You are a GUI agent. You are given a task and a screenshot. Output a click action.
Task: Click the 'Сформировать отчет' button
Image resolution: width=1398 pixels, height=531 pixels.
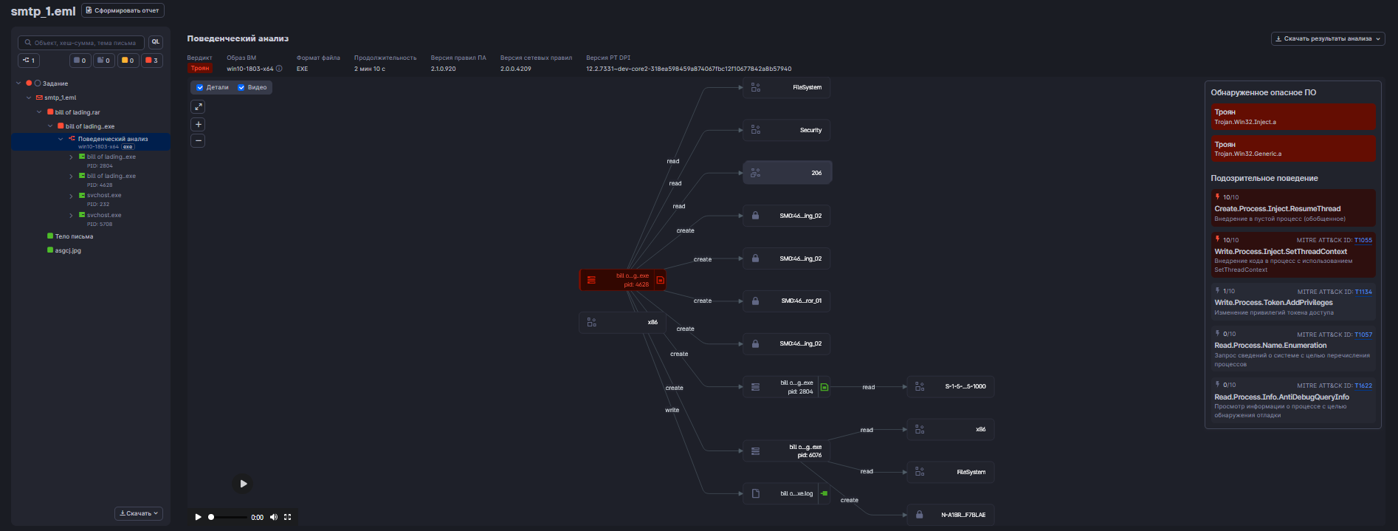[x=123, y=10]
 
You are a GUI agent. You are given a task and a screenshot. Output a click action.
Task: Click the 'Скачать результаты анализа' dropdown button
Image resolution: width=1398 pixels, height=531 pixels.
[x=1327, y=38]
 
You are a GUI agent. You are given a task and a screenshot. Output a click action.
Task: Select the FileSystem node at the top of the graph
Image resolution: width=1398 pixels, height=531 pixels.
[x=787, y=87]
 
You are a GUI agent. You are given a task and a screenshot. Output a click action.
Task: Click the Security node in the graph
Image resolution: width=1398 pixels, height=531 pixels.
[x=787, y=130]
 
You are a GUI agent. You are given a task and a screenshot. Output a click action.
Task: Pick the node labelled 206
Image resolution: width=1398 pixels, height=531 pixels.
[x=787, y=173]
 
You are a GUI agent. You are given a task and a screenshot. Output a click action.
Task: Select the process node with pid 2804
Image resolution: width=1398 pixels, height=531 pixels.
[x=787, y=387]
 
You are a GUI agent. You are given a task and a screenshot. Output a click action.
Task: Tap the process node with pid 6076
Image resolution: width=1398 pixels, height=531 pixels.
[x=787, y=451]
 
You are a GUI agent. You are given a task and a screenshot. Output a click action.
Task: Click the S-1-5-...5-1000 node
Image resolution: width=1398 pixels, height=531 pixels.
[x=951, y=386]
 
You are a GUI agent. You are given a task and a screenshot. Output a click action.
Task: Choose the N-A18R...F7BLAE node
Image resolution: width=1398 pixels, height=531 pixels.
[x=951, y=515]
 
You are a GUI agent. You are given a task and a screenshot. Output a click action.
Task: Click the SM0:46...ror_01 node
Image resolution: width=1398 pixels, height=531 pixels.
[x=787, y=301]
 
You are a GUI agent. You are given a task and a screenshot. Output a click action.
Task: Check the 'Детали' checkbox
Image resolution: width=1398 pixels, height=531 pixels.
[x=200, y=87]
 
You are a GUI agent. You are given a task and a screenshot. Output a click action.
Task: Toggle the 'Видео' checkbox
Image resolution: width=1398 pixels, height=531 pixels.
[x=241, y=87]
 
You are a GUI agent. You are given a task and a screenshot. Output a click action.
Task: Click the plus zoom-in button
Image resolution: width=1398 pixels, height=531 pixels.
[x=198, y=124]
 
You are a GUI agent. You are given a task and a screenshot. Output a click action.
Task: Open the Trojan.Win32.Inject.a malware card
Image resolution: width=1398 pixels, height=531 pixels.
[x=1292, y=117]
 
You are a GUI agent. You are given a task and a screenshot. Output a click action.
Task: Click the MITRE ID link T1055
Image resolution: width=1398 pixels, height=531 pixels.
[x=1363, y=240]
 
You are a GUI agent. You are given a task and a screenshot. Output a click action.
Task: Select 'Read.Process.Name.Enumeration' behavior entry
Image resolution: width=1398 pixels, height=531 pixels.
[x=1270, y=346]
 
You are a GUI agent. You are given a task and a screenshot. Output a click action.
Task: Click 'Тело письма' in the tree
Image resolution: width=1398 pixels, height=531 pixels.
[x=74, y=236]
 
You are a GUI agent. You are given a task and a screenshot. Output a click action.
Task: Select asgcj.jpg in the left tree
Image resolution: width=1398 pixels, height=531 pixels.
[x=68, y=250]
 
